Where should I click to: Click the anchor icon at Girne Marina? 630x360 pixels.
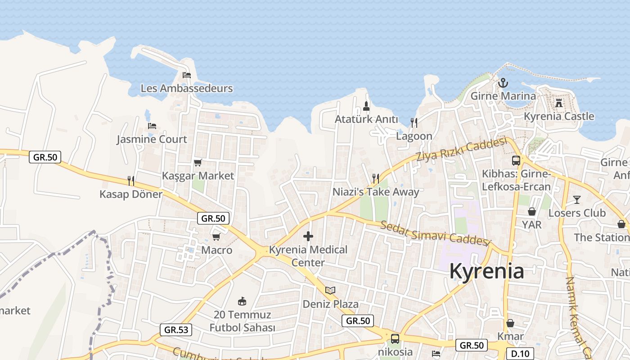(x=503, y=83)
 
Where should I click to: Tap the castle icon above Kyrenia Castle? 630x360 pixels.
(x=559, y=103)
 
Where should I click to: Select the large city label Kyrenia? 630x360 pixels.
(x=486, y=271)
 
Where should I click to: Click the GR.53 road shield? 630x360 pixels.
(x=176, y=329)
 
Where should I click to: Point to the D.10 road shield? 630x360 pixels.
(x=520, y=353)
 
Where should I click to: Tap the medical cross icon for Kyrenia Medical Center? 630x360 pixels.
(x=308, y=236)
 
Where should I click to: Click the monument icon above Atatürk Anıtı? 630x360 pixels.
(x=366, y=106)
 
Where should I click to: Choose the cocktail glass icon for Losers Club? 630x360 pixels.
(x=577, y=199)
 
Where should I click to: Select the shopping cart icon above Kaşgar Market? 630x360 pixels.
(x=198, y=162)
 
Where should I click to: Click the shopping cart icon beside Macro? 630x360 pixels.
(x=216, y=237)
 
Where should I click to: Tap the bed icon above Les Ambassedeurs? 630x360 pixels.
(x=187, y=75)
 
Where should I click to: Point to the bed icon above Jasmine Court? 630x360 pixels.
(x=152, y=126)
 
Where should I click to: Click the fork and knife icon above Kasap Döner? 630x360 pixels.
(x=131, y=180)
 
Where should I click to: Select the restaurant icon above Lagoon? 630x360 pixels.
(x=414, y=122)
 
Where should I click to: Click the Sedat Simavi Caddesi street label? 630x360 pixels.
(x=435, y=233)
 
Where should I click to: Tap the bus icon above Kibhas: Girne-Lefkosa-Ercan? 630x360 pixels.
(x=516, y=160)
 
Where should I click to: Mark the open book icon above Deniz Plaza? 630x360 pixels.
(x=330, y=290)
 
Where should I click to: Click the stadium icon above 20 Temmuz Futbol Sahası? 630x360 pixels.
(x=242, y=301)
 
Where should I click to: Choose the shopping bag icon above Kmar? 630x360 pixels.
(x=510, y=323)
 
